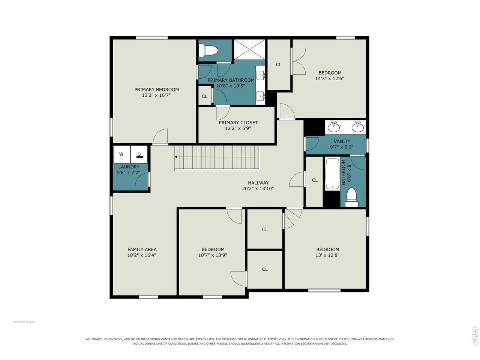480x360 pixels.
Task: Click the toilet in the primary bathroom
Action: (208, 50)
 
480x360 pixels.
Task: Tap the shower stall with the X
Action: (249, 49)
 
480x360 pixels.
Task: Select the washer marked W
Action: (122, 154)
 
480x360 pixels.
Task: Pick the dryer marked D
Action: (139, 154)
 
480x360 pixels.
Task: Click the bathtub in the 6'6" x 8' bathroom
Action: (332, 174)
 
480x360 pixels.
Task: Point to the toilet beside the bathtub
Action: (351, 197)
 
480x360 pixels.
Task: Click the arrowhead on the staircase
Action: (175, 157)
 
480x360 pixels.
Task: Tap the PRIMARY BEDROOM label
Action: (156, 89)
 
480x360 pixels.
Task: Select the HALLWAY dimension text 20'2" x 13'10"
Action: (258, 188)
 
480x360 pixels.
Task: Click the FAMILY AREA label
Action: (142, 249)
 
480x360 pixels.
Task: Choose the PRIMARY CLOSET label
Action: (238, 123)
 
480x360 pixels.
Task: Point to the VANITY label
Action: (342, 141)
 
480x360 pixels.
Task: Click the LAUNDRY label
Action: (129, 167)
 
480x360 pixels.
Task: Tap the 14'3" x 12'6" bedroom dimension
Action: (329, 78)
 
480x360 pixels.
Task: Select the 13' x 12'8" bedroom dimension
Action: (327, 255)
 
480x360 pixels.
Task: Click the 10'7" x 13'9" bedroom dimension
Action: (213, 255)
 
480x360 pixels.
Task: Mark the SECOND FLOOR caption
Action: (24, 322)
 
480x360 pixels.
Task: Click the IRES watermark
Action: (474, 336)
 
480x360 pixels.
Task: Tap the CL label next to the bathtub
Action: (315, 180)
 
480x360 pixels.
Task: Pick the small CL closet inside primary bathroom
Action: (205, 96)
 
